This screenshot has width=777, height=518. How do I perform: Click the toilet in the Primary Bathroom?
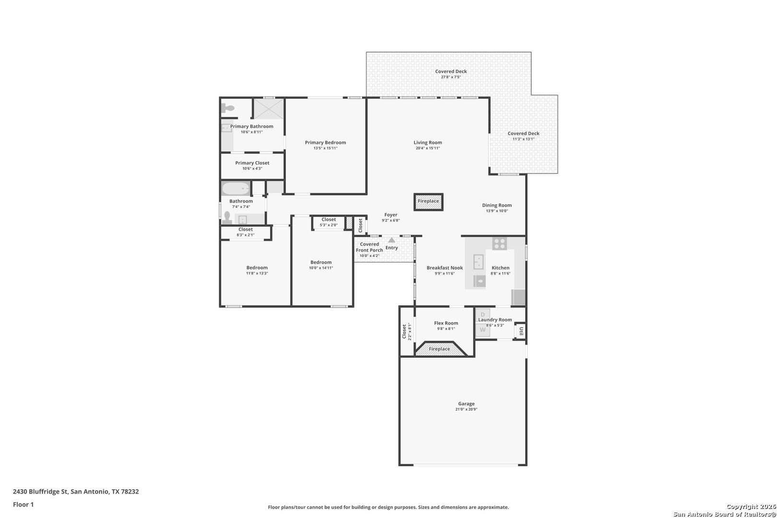(228, 108)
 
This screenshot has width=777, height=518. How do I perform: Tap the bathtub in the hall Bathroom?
(235, 189)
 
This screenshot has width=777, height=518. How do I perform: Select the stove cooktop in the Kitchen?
(499, 243)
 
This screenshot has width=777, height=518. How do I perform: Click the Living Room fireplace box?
(428, 201)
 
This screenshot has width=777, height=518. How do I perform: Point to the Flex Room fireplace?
(440, 349)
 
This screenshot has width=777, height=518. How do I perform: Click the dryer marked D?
(483, 315)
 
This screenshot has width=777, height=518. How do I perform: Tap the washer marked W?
(483, 330)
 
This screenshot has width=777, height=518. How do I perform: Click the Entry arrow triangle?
(392, 240)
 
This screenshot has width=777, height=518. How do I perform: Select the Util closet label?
(521, 331)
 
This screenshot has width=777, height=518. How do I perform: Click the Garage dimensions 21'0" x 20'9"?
(466, 410)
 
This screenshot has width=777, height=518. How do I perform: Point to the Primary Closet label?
(252, 163)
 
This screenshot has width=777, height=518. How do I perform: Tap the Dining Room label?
(497, 205)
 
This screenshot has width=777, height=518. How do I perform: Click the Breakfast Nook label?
(445, 268)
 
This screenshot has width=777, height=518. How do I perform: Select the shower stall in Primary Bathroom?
(269, 108)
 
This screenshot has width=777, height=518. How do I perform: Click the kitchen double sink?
(478, 262)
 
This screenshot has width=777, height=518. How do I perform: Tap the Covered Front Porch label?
(369, 247)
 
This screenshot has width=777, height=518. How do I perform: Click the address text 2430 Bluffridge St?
(40, 491)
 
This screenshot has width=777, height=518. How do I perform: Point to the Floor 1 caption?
(23, 505)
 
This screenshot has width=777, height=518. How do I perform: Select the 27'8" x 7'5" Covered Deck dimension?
(451, 77)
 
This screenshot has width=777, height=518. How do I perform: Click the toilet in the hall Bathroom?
(227, 218)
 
